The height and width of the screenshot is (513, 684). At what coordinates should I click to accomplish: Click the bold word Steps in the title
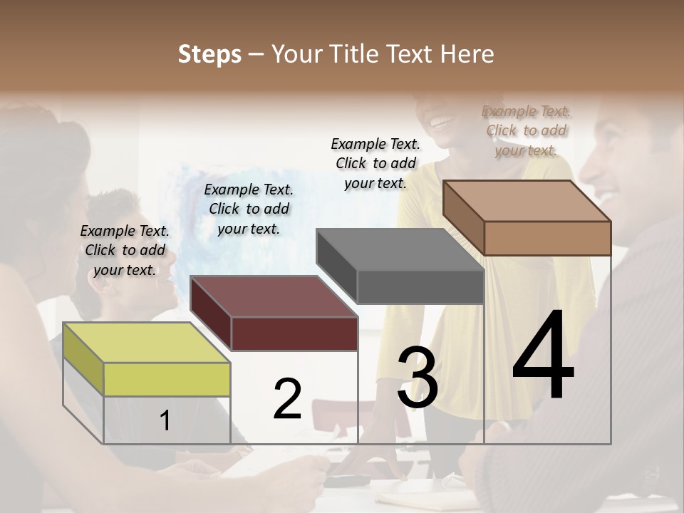(x=209, y=54)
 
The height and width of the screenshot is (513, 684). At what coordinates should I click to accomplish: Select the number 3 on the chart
(x=418, y=378)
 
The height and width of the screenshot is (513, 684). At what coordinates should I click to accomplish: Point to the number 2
(x=287, y=399)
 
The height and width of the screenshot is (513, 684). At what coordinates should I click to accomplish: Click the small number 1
(x=165, y=421)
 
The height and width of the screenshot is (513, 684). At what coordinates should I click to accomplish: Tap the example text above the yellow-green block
(x=125, y=250)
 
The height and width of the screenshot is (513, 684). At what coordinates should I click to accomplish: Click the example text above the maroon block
(x=249, y=209)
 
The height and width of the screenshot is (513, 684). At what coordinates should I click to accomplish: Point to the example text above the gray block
(x=375, y=163)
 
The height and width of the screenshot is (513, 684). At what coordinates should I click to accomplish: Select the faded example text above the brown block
(x=527, y=130)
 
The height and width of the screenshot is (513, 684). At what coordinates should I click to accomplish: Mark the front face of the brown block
(x=547, y=238)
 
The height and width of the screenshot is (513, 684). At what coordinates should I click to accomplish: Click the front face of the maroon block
(x=294, y=333)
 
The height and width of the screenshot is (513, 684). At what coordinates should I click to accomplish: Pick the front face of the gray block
(x=420, y=287)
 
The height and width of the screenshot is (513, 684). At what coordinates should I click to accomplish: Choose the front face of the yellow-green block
(x=167, y=379)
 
